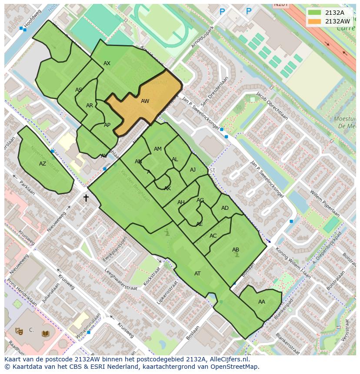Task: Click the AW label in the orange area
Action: tap(145, 101)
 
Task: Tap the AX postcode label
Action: tap(107, 63)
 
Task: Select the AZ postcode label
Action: tap(43, 164)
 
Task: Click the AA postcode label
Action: tap(261, 302)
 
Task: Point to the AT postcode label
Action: tap(197, 274)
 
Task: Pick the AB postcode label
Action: tap(236, 250)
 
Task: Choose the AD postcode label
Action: tap(225, 208)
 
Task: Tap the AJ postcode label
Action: tap(193, 170)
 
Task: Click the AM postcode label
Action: tap(158, 149)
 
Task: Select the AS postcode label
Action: tap(79, 90)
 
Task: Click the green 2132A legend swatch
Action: tap(315, 13)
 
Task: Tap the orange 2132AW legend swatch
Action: tap(315, 21)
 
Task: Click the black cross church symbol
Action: tap(86, 198)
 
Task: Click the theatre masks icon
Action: tap(19, 331)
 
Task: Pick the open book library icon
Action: tap(46, 334)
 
